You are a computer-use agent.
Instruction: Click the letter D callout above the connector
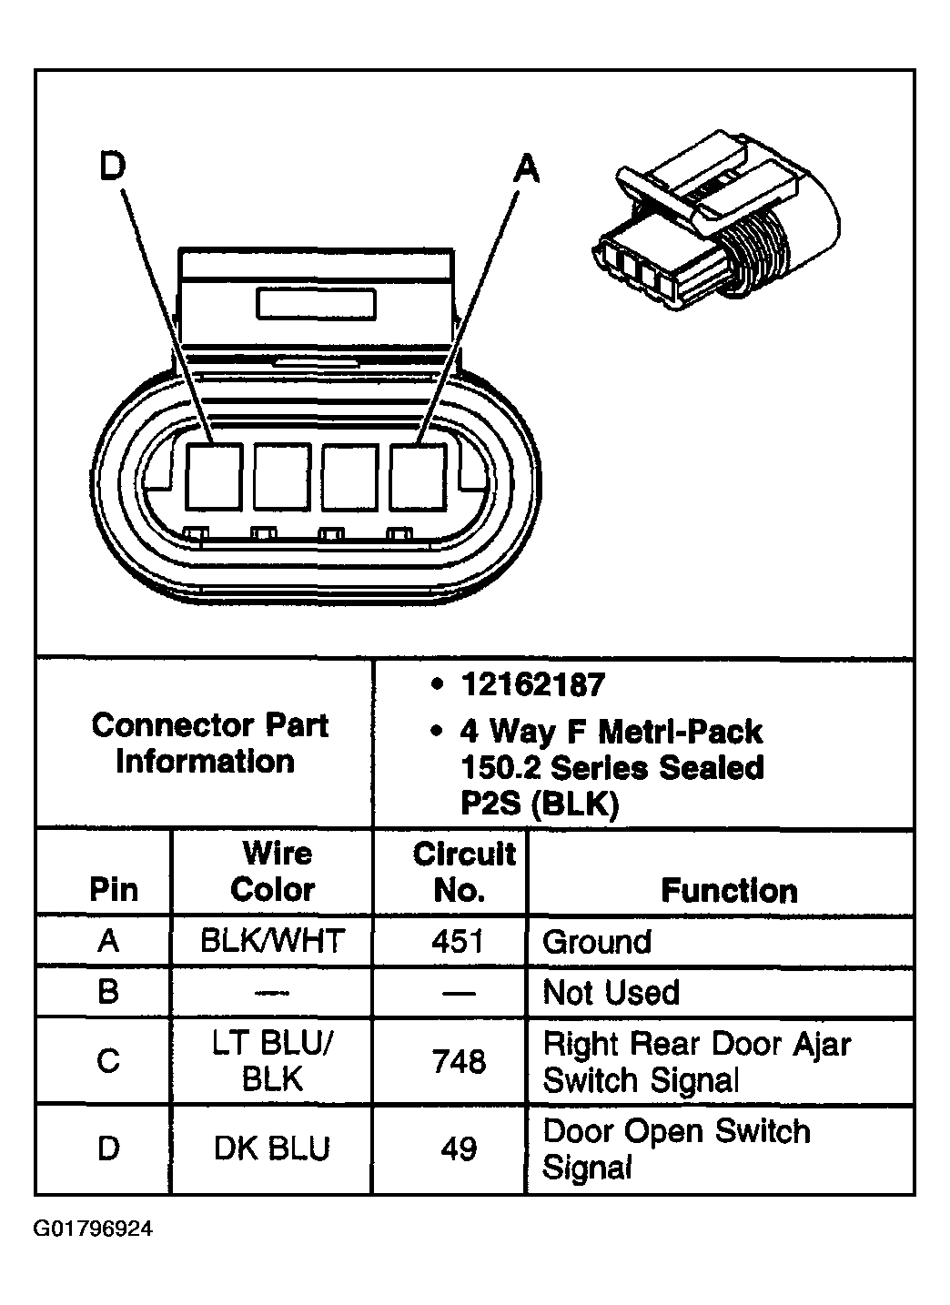113,167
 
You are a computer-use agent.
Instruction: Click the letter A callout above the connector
526,167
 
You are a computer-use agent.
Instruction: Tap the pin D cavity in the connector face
215,476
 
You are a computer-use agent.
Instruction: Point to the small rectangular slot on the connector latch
317,303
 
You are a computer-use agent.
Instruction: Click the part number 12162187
532,684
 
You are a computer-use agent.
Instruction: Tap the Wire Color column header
274,871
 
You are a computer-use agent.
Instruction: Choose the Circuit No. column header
463,871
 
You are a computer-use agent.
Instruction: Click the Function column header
729,890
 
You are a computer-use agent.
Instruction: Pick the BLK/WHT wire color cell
272,940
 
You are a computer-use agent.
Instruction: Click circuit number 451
458,940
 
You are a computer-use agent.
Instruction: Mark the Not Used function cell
611,992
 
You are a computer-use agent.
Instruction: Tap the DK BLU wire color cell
271,1148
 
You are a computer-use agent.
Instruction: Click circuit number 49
459,1148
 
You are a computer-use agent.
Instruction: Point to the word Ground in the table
597,941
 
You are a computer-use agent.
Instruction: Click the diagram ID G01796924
94,1230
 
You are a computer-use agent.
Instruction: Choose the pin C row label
107,1061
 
